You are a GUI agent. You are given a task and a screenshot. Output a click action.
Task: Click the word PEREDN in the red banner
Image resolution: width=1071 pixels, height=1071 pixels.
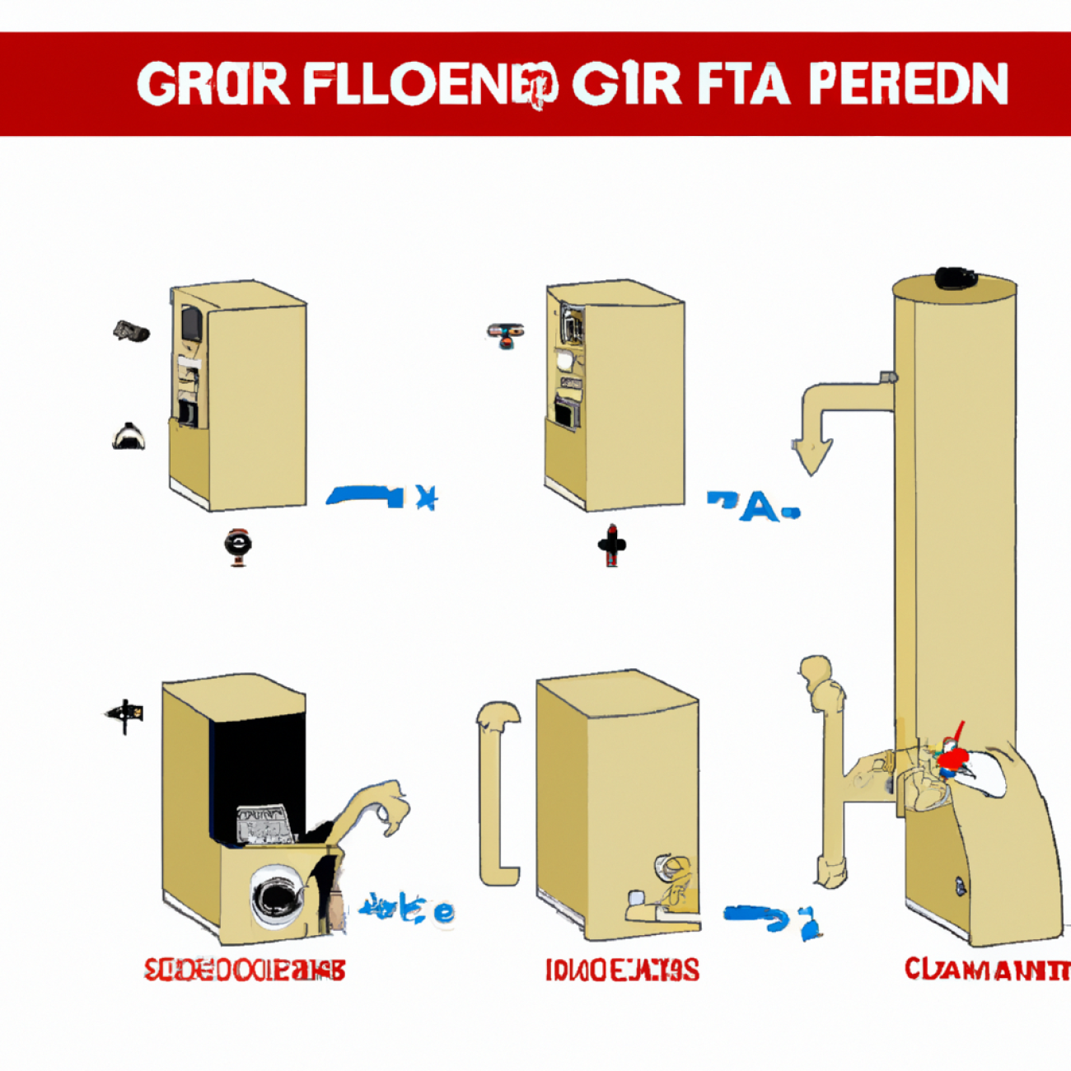coord(908,83)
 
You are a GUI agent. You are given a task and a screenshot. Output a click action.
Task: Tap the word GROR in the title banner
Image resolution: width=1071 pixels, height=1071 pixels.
coord(213,83)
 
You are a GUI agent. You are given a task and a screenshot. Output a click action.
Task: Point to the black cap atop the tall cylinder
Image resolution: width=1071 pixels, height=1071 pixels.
coord(954,278)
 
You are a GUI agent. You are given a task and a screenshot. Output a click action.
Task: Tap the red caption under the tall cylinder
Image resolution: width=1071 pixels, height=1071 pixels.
coord(987,970)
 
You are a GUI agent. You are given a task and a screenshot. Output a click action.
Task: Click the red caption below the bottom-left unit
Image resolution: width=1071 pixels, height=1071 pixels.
coord(245,970)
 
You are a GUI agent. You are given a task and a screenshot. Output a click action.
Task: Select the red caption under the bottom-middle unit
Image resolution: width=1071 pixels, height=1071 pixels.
coord(622,970)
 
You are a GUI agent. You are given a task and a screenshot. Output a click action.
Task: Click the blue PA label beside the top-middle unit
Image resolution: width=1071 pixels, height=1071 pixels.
coord(751,505)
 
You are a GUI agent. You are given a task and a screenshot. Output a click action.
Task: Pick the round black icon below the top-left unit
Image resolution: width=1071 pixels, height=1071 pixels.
coord(237,545)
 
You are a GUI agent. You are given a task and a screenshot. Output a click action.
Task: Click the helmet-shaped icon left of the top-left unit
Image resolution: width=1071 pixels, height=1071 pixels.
coord(129,437)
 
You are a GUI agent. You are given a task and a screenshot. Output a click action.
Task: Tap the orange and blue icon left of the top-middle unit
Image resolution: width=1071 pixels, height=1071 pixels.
coord(505,334)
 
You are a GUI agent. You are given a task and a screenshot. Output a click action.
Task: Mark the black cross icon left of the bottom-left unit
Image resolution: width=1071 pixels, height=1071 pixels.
coord(125,714)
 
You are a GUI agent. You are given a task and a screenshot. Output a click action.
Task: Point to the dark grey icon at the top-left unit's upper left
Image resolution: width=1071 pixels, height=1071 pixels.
coord(131,331)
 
